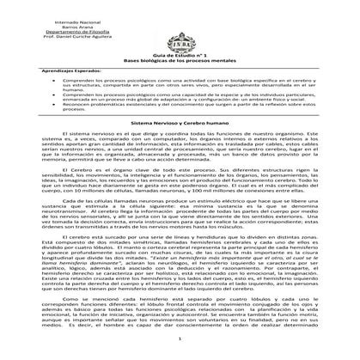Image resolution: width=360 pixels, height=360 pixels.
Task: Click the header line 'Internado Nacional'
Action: tap(56, 19)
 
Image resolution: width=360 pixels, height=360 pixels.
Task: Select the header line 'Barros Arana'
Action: tap(56, 26)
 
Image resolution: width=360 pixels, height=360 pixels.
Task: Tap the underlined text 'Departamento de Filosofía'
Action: tap(56, 33)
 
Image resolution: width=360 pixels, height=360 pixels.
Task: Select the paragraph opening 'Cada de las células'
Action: tap(180, 236)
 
